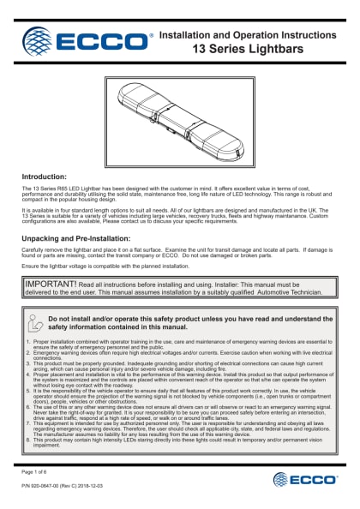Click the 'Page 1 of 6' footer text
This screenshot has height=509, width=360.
tap(34, 471)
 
